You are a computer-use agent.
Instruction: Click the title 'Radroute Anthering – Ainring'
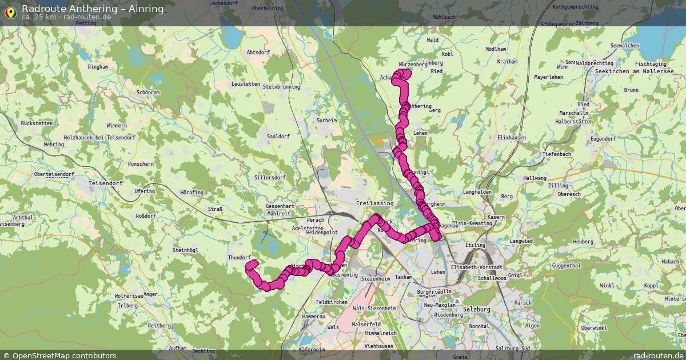tap(93, 9)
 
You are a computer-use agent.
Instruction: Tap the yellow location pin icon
tap(10, 11)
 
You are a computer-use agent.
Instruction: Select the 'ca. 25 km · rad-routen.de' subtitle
tap(66, 17)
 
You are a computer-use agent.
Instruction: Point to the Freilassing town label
tap(374, 203)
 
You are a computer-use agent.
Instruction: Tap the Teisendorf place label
tap(106, 183)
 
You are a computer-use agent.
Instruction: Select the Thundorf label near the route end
tap(240, 258)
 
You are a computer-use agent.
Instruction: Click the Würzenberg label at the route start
tap(413, 65)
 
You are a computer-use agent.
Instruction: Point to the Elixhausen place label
tap(512, 138)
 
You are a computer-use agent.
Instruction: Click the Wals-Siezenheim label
tap(374, 308)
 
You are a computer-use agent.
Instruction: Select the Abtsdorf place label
tap(258, 52)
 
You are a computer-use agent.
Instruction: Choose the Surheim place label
tap(326, 121)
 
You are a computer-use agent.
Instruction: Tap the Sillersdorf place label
tap(269, 178)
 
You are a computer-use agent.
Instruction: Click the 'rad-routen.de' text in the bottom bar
tap(658, 355)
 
